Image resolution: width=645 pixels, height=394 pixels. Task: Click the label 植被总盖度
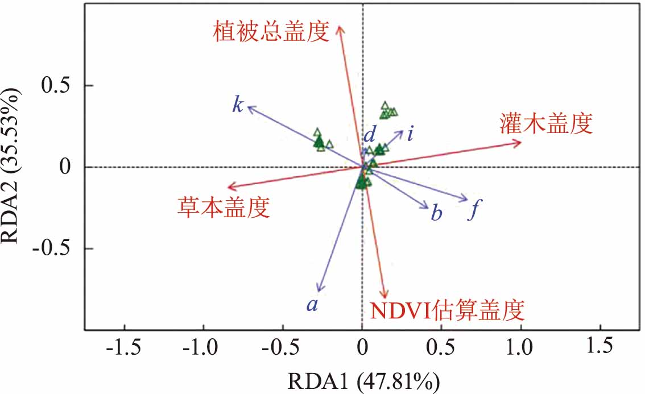click(x=272, y=31)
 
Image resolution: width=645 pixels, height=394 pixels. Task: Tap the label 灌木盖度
click(x=547, y=123)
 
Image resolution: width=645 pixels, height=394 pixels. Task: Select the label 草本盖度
click(x=222, y=209)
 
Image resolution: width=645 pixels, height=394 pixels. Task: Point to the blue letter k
click(x=238, y=105)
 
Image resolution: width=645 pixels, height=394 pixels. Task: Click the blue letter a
click(x=312, y=305)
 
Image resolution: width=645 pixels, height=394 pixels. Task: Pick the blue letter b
click(x=437, y=214)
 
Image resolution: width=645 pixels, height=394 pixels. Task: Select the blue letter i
click(x=410, y=135)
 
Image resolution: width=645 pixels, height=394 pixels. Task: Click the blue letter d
click(x=370, y=135)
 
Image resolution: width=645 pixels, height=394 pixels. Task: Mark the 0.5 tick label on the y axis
click(x=57, y=86)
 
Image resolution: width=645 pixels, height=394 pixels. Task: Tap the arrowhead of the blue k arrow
click(x=249, y=106)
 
